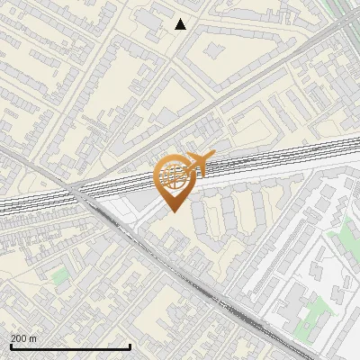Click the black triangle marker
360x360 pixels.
pos(181,24)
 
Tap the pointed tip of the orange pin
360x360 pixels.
pos(172,211)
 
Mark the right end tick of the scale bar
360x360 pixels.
pos(130,346)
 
